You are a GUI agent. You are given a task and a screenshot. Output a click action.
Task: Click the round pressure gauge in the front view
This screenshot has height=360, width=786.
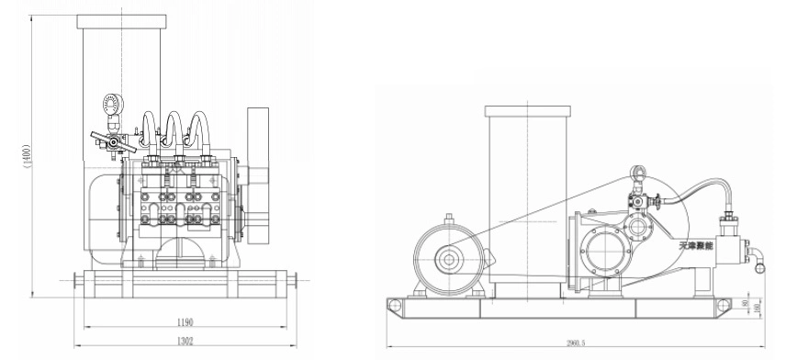(x=116, y=107)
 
